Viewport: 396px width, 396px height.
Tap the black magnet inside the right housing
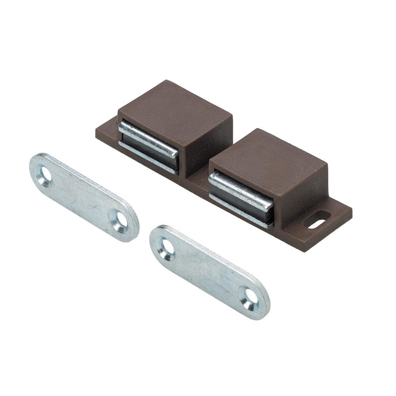[x=242, y=202]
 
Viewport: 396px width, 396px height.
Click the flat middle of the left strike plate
[x=83, y=196]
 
